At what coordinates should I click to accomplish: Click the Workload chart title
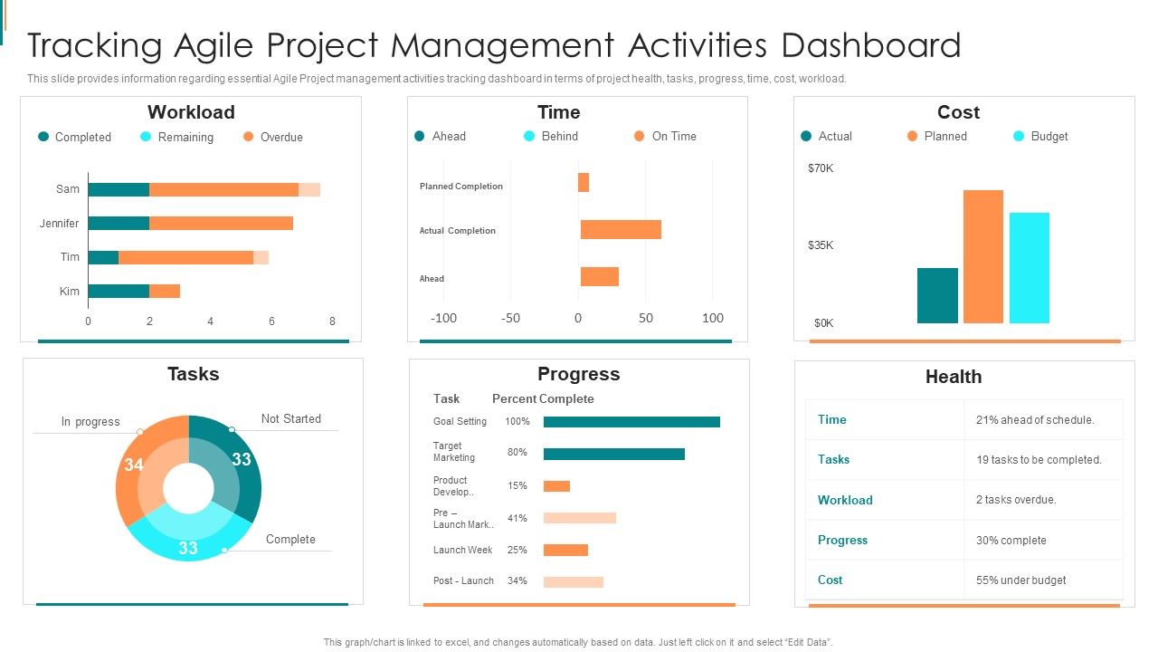point(191,112)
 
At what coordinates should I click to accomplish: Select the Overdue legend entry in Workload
point(280,138)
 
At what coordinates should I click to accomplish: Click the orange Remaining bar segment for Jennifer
point(221,224)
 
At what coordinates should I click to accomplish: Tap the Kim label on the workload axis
point(70,292)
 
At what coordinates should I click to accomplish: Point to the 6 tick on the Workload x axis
point(271,321)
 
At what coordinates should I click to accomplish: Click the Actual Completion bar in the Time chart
point(621,230)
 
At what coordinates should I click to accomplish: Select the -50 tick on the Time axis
point(510,318)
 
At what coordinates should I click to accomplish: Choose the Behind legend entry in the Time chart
point(559,137)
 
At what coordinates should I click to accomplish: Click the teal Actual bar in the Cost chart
point(937,295)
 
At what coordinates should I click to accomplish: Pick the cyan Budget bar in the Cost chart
point(1030,268)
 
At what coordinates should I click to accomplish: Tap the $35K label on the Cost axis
point(821,245)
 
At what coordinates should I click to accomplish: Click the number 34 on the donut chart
point(134,465)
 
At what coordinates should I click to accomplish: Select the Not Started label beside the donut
point(290,419)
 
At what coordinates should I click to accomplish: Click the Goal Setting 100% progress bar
point(631,422)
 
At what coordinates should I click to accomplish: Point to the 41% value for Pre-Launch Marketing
point(517,519)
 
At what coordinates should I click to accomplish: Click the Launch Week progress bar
point(565,550)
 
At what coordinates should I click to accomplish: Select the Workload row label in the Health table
point(845,500)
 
